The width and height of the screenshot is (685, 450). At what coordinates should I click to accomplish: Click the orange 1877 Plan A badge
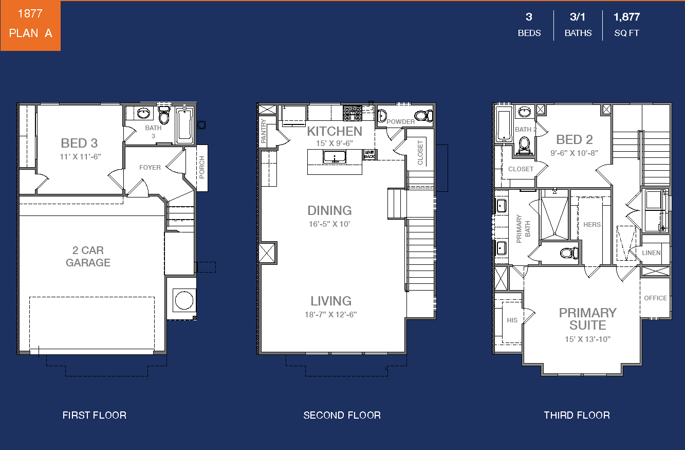click(x=30, y=25)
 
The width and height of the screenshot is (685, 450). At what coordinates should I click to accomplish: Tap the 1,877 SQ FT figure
click(x=626, y=25)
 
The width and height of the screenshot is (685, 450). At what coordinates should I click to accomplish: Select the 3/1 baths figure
click(x=578, y=25)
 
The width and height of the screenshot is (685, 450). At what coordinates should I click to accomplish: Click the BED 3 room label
click(x=79, y=143)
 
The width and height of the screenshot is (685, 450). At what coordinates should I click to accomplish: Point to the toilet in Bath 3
click(x=164, y=115)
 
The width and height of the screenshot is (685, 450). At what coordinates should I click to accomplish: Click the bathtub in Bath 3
click(x=184, y=125)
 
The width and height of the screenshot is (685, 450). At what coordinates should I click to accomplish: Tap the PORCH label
click(x=202, y=167)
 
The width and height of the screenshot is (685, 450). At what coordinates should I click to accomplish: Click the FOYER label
click(x=150, y=168)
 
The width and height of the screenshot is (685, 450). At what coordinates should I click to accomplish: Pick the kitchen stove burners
click(x=353, y=113)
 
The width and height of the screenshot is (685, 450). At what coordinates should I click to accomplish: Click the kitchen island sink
click(x=335, y=157)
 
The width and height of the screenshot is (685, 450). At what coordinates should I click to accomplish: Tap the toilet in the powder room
click(x=423, y=116)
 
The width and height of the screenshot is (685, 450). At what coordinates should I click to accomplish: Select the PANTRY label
click(x=263, y=131)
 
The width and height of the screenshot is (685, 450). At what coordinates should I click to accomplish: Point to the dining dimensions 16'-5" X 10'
click(x=329, y=224)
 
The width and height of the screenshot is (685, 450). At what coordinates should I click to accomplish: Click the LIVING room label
click(x=331, y=301)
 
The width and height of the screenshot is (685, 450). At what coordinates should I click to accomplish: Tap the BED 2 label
click(x=575, y=139)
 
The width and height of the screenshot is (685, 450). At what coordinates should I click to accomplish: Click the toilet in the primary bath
click(x=569, y=253)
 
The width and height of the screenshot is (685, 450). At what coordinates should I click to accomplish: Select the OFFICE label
click(x=655, y=298)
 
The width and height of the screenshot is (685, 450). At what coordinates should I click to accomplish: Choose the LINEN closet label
click(x=651, y=253)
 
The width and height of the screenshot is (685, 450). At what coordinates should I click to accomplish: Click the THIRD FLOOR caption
click(x=577, y=415)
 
